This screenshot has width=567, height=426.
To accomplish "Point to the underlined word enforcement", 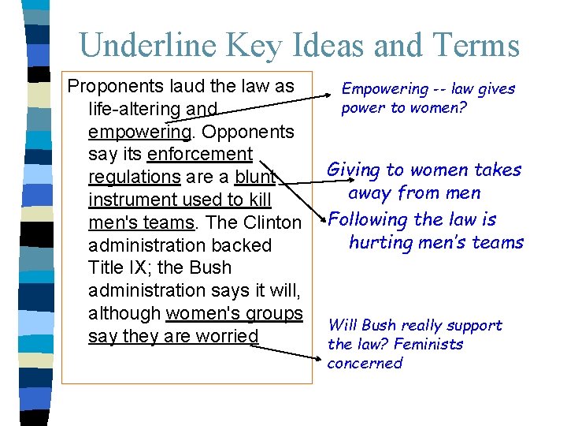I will [199, 154].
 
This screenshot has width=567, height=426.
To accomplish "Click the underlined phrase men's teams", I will [141, 222].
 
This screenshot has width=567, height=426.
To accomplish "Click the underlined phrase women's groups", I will [234, 313].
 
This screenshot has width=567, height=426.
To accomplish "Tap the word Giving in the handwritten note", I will [352, 170].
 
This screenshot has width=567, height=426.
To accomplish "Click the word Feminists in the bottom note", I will [428, 344].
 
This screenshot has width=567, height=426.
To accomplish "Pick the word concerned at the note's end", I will [365, 363].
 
